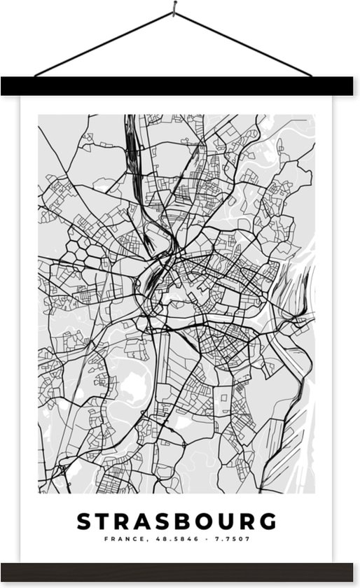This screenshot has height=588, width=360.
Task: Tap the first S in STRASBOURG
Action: pyautogui.click(x=82, y=521)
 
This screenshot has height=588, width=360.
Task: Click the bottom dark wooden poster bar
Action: pyautogui.click(x=180, y=570)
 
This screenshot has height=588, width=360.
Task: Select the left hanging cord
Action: pyautogui.click(x=105, y=43)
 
